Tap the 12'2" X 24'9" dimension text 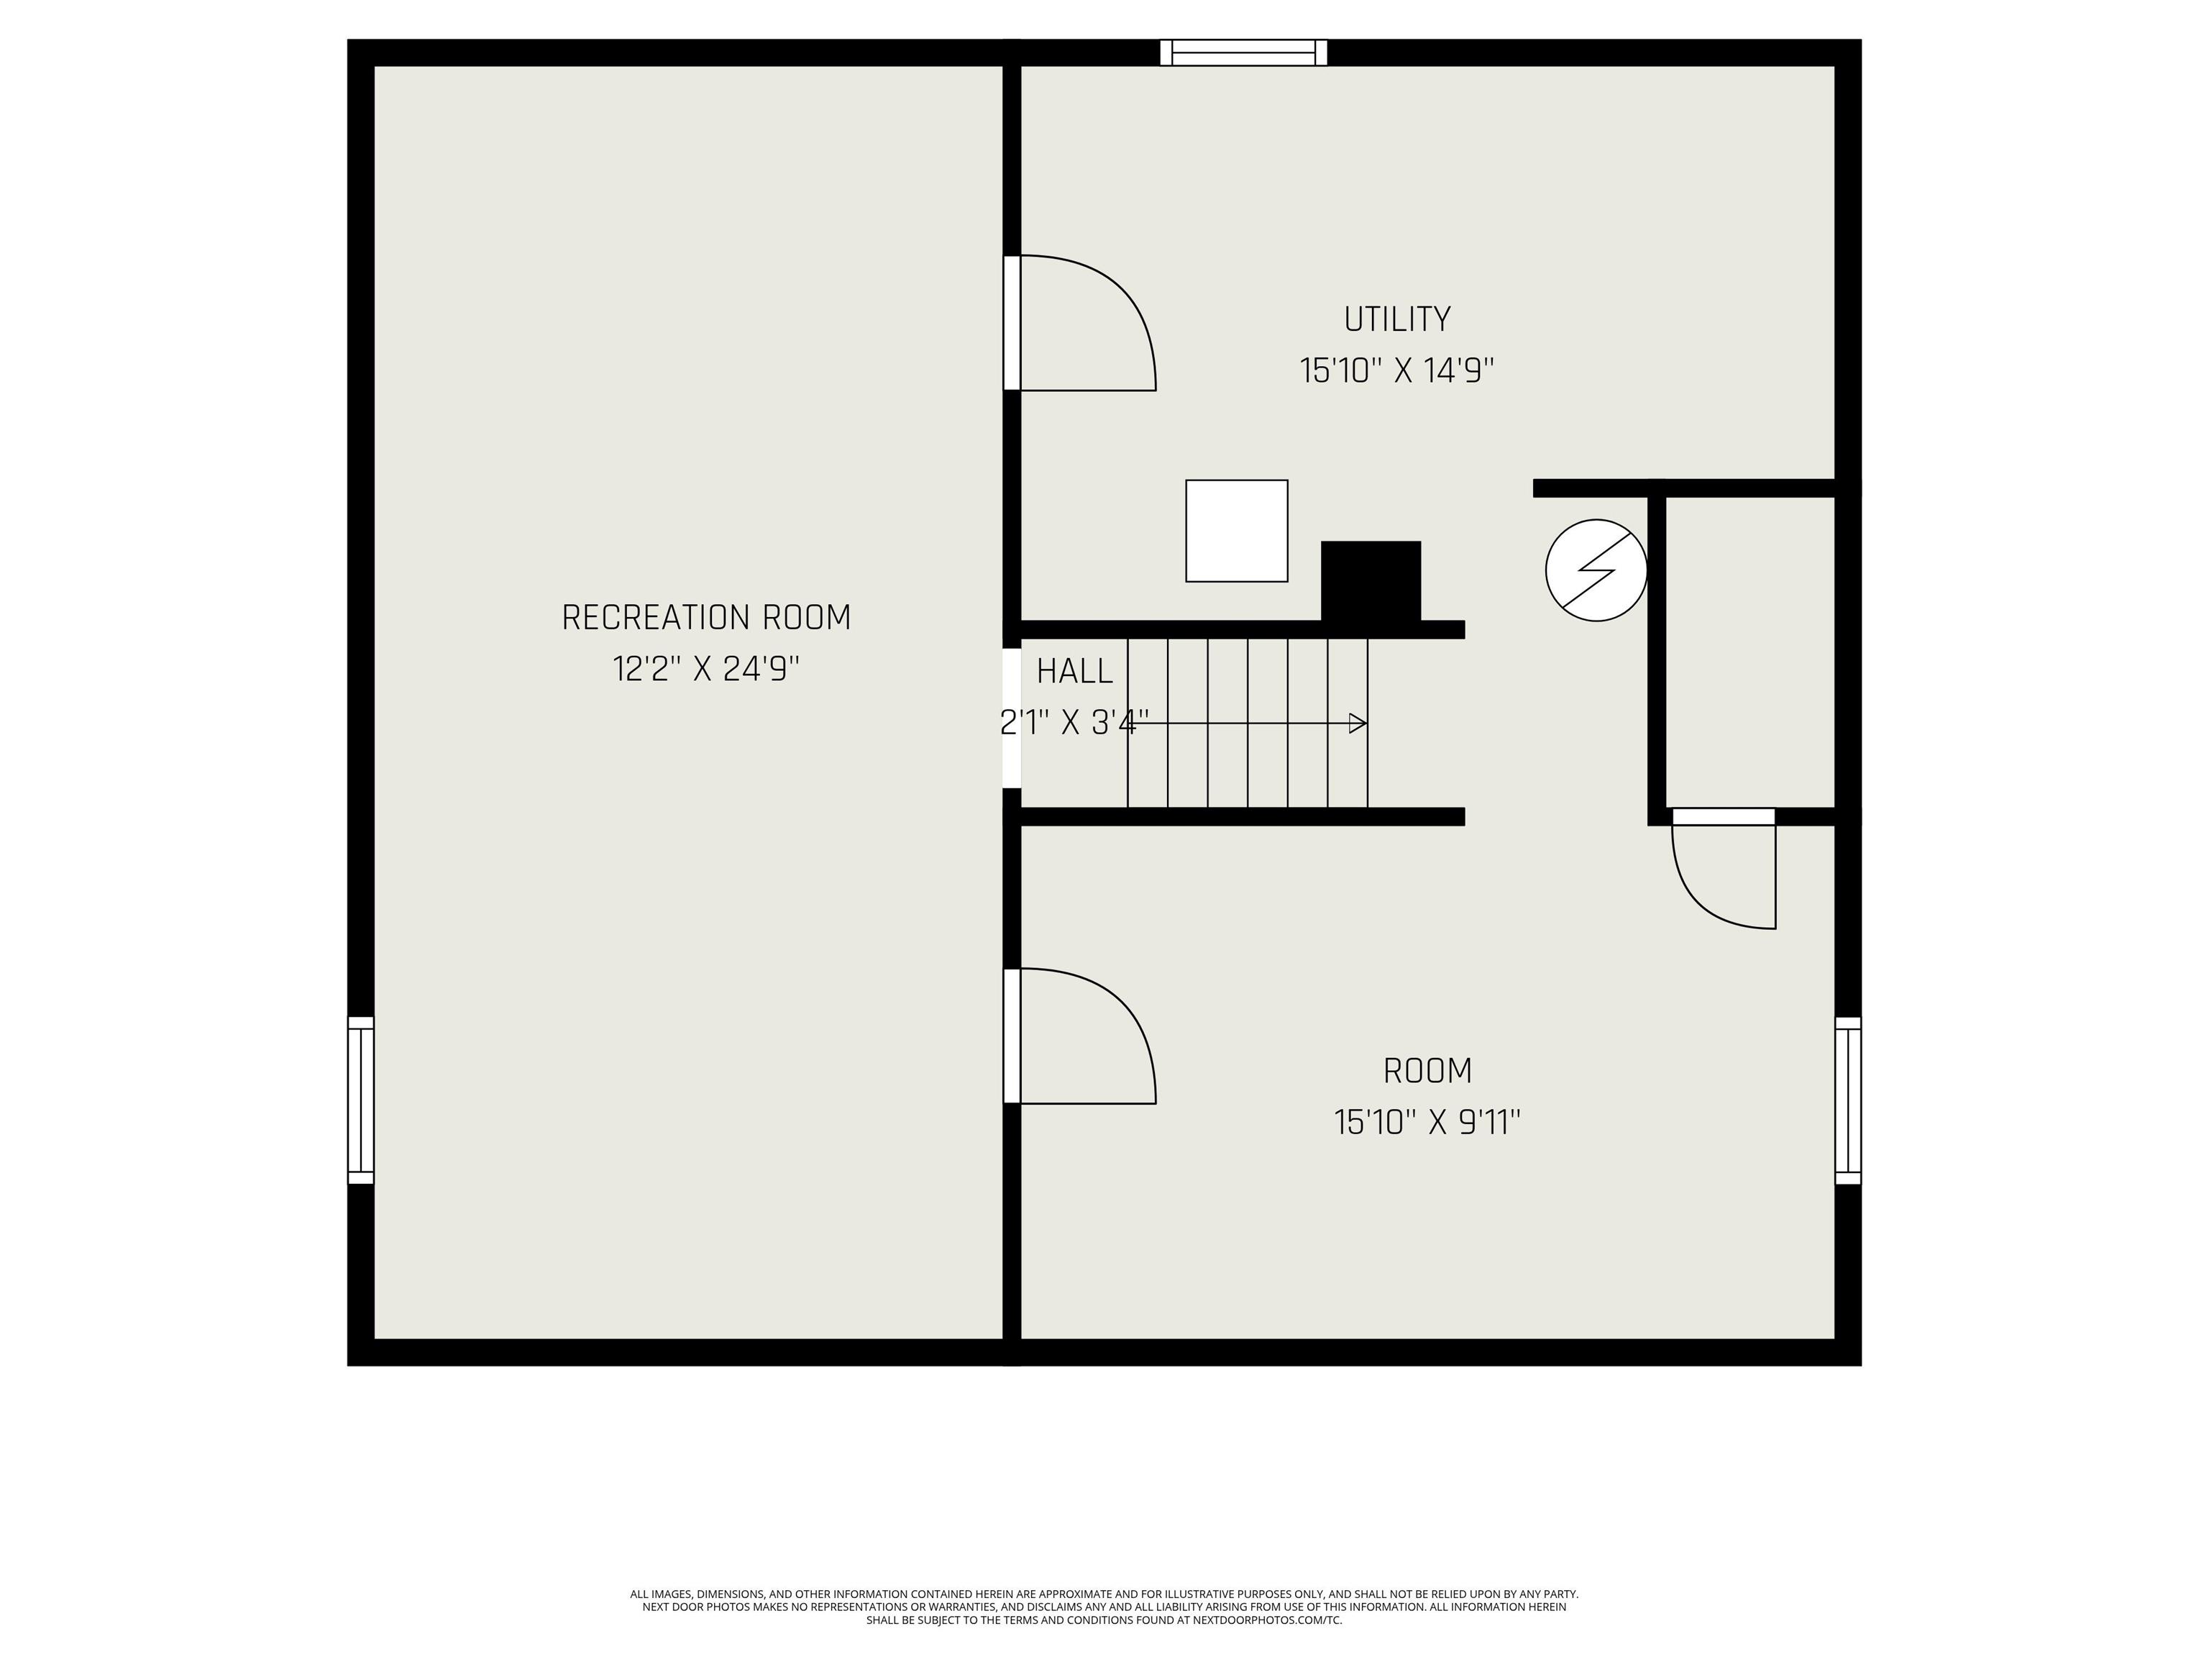click(x=706, y=668)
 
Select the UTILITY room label click(x=1396, y=319)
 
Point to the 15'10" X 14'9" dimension click(x=1396, y=370)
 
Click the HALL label click(x=1074, y=671)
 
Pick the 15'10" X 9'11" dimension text click(x=1427, y=1123)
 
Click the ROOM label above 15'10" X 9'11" click(x=1427, y=1072)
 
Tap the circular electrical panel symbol click(x=1596, y=570)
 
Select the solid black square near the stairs click(x=1370, y=581)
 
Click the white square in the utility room click(x=1236, y=530)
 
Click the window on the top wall click(x=1243, y=53)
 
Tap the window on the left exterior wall click(x=360, y=1100)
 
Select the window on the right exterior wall click(x=1849, y=1100)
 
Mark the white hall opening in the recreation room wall click(x=1012, y=718)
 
